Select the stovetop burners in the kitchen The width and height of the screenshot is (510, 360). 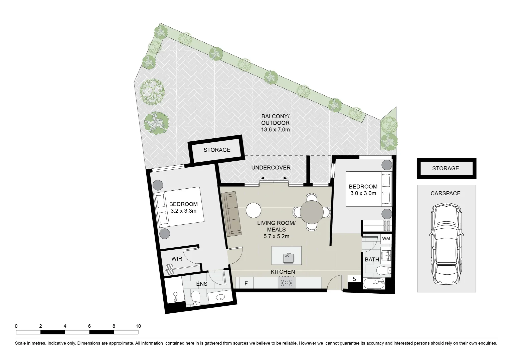pyautogui.click(x=287, y=283)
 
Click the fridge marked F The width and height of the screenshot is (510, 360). pyautogui.click(x=246, y=283)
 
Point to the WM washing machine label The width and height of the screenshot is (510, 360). pyautogui.click(x=386, y=239)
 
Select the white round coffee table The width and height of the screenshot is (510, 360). pyautogui.click(x=253, y=210)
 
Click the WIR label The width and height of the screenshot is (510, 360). pyautogui.click(x=177, y=259)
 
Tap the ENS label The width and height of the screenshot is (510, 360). pyautogui.click(x=202, y=284)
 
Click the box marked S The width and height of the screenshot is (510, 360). pyautogui.click(x=354, y=279)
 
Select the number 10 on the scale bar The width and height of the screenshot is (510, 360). pyautogui.click(x=138, y=326)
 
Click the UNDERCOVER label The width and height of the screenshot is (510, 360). pyautogui.click(x=271, y=168)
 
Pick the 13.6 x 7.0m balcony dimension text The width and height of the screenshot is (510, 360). pyautogui.click(x=275, y=130)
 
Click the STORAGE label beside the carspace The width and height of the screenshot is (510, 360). pyautogui.click(x=446, y=168)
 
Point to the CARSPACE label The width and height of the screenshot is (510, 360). pyautogui.click(x=446, y=193)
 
